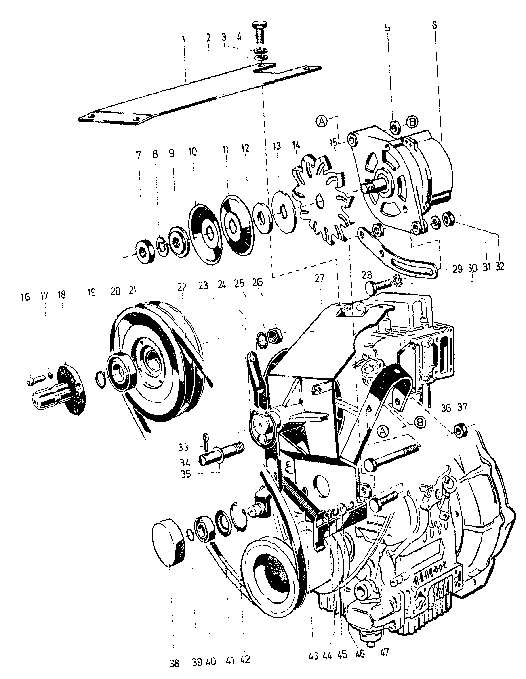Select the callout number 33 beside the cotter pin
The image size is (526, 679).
183,448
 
